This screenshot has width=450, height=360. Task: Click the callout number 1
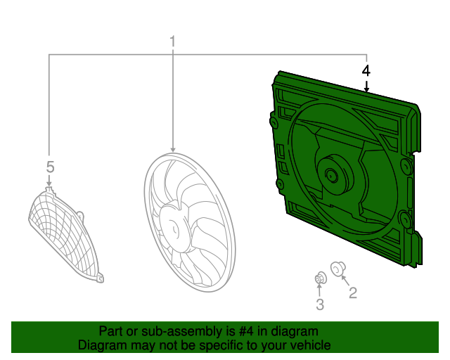tap(172, 42)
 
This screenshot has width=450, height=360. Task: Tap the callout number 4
tap(366, 71)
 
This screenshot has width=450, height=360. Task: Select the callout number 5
tap(50, 167)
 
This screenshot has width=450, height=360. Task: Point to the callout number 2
tap(353, 292)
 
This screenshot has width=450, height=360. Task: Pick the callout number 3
tap(320, 304)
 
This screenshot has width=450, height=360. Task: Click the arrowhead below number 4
tap(366, 89)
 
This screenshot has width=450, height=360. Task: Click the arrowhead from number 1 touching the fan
tap(172, 149)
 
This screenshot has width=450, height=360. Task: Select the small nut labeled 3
tap(320, 278)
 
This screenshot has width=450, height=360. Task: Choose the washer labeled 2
tap(337, 269)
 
